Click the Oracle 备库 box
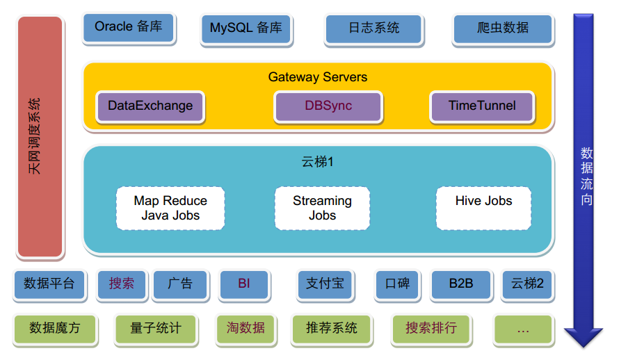point(128,28)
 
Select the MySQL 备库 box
point(246,28)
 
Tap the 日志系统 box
point(373,28)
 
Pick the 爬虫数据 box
point(503,28)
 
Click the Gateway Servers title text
point(318,77)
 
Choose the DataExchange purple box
point(150,106)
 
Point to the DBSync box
point(328,106)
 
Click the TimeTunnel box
point(482,106)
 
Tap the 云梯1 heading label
point(318,162)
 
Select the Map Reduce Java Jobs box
point(170,208)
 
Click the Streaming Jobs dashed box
point(322,208)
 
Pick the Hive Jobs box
point(483,208)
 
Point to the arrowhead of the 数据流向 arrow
point(583,336)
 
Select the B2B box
point(460,284)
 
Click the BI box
point(243,284)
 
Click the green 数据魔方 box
point(55,328)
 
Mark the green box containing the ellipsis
point(523,328)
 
